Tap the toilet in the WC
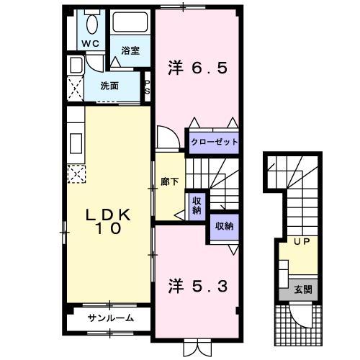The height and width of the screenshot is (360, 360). click(x=91, y=23)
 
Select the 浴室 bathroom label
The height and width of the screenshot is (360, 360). click(x=130, y=50)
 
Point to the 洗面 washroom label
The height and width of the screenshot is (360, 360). click(x=110, y=86)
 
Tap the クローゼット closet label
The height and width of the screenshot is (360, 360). click(x=214, y=142)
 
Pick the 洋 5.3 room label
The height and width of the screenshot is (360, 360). click(x=198, y=285)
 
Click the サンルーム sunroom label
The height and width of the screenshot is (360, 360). click(x=110, y=318)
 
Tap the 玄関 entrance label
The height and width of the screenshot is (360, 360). click(x=303, y=290)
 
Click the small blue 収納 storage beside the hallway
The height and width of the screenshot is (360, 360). click(x=195, y=206)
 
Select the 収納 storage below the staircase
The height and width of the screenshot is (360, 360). click(x=223, y=225)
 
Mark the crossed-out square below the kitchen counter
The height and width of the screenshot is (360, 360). click(x=76, y=174)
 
